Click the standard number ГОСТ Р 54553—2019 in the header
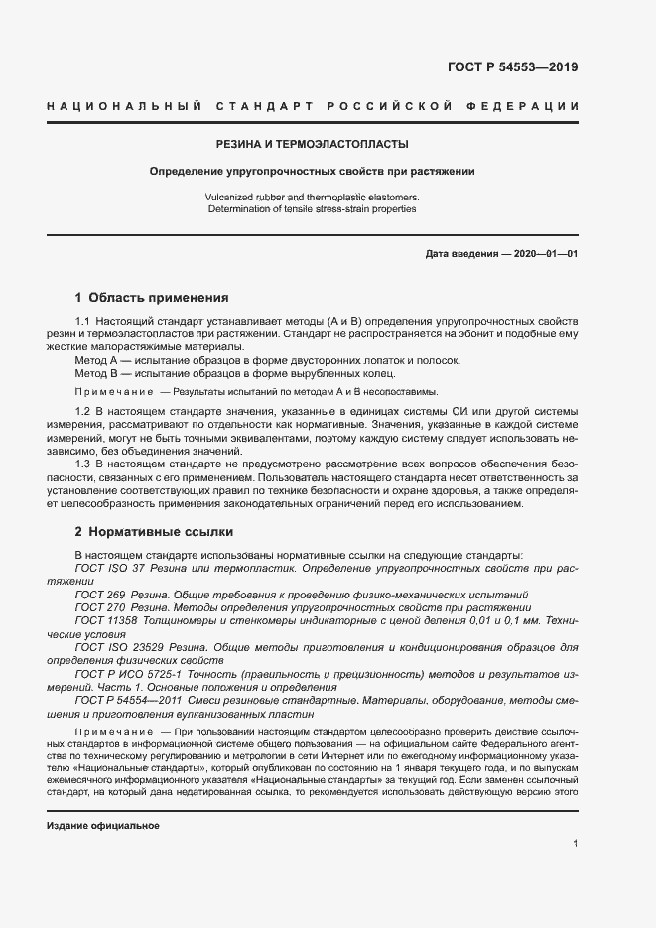513,68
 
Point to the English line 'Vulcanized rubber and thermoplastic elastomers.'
313,198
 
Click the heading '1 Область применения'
152,297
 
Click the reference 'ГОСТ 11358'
100,620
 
